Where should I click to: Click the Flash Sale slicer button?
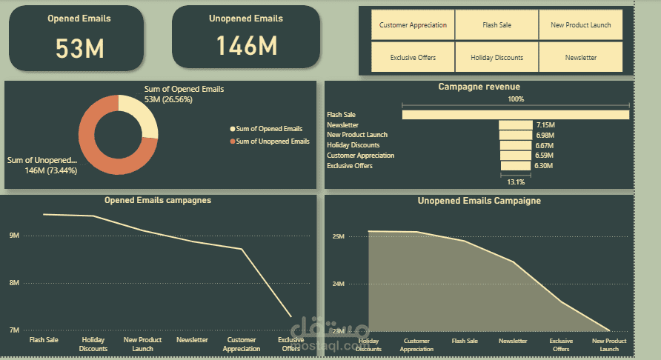point(496,25)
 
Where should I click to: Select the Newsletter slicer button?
point(580,57)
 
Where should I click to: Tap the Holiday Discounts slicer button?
point(496,57)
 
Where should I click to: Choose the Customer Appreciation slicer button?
point(413,25)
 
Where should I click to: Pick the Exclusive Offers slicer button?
point(413,57)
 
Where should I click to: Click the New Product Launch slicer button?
point(580,25)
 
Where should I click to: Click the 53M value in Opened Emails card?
point(80,48)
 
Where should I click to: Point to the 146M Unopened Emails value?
point(247,46)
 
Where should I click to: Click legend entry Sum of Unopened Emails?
point(272,141)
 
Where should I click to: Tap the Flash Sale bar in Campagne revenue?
point(515,115)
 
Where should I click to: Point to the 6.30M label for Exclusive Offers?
point(543,166)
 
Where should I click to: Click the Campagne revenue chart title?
point(479,87)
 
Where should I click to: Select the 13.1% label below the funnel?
point(515,181)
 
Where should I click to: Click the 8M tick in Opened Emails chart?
point(14,283)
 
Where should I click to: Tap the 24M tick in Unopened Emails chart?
point(338,284)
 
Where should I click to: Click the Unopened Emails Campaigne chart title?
point(479,201)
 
